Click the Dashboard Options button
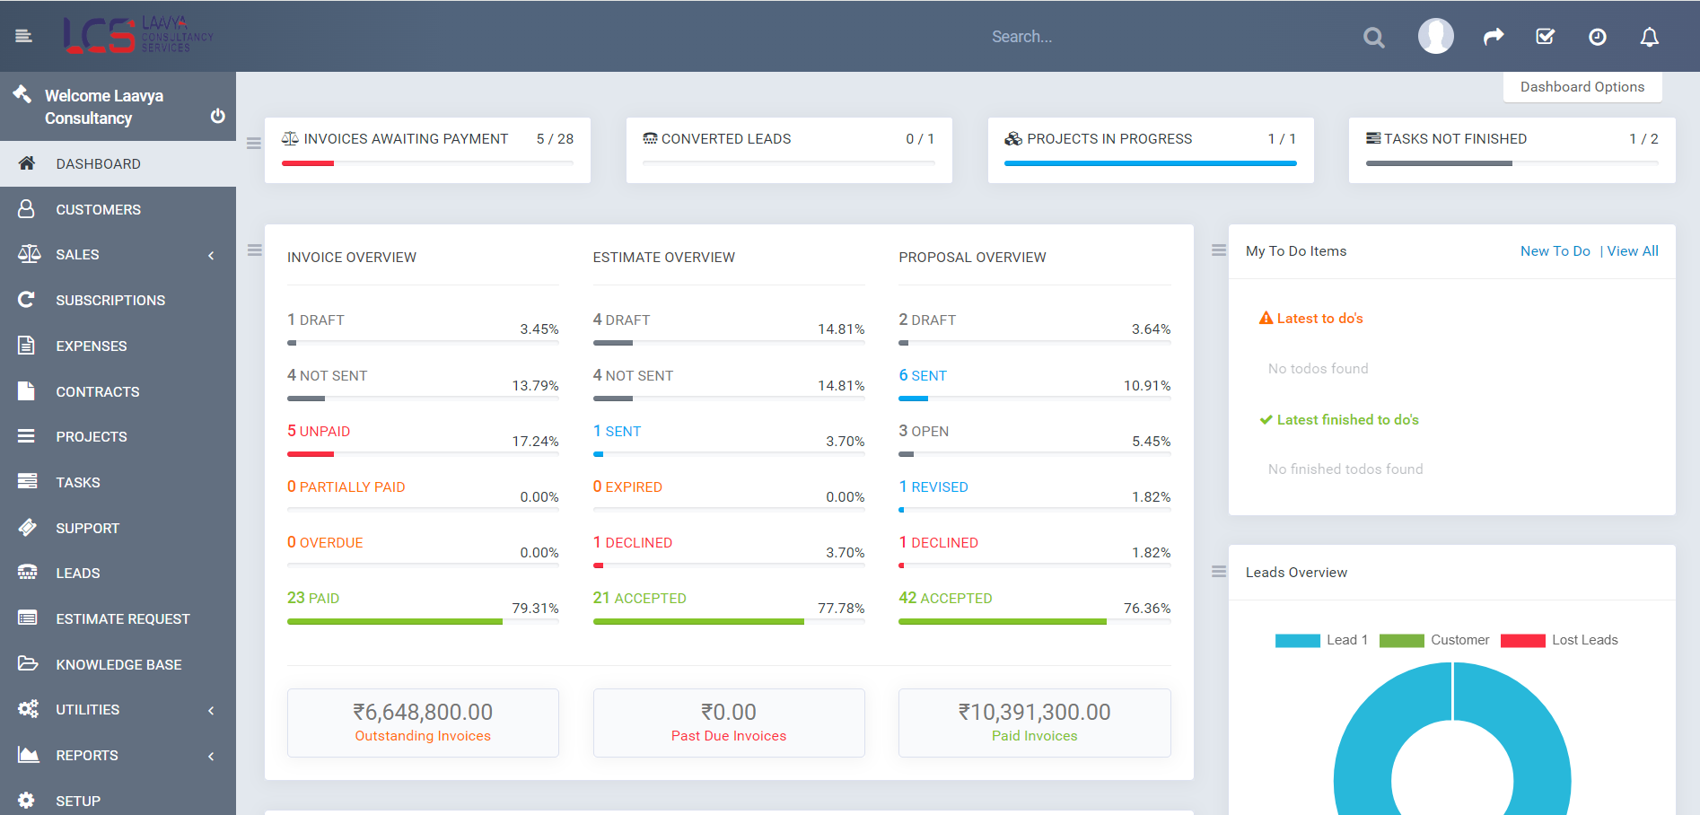(x=1582, y=87)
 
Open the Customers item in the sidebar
(x=98, y=209)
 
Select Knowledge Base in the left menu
(x=118, y=664)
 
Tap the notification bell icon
(x=1649, y=37)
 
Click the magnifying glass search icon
(x=1373, y=38)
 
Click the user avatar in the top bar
(x=1435, y=36)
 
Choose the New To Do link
(x=1555, y=251)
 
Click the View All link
(x=1633, y=251)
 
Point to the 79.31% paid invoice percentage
(x=535, y=609)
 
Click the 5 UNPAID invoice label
(x=319, y=431)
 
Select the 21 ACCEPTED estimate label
(x=639, y=598)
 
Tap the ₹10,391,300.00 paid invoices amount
(x=1034, y=712)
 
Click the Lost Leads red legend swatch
(x=1522, y=641)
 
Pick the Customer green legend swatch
(x=1401, y=641)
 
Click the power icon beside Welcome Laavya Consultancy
(x=217, y=116)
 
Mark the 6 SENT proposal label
(x=923, y=375)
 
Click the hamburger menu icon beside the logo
(x=23, y=36)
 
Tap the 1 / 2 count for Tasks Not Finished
(x=1643, y=139)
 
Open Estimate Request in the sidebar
(x=122, y=618)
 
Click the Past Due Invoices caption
(x=728, y=736)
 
